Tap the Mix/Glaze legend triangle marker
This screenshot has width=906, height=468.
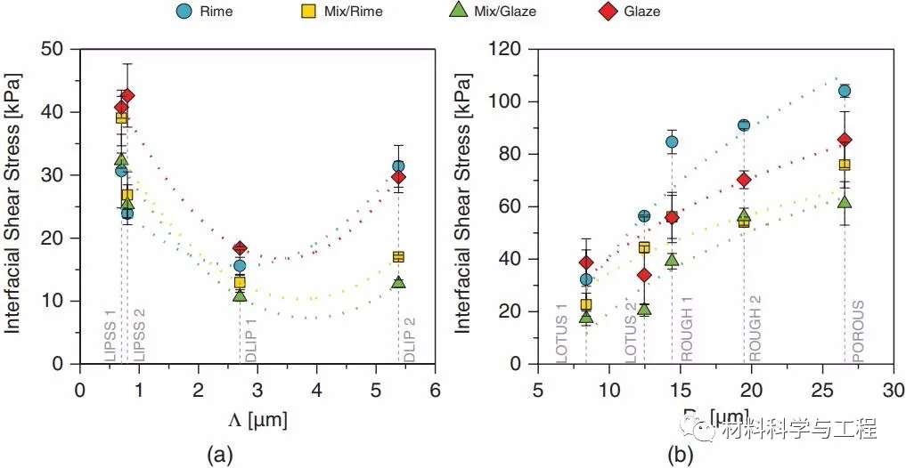(x=457, y=12)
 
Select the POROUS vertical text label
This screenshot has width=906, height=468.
(x=857, y=333)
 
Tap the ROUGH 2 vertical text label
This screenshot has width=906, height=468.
(x=755, y=333)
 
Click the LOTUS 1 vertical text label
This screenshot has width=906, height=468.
(x=562, y=333)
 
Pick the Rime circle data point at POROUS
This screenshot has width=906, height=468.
(x=845, y=91)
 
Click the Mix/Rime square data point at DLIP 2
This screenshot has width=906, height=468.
(x=398, y=256)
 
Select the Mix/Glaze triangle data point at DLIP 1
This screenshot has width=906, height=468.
(x=240, y=295)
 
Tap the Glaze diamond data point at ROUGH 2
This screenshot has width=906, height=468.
(x=744, y=180)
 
